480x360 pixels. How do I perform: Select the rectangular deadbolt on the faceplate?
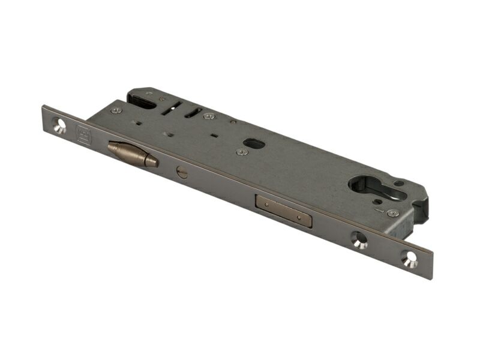point(284,211)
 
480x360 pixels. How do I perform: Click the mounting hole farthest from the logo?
point(410,260)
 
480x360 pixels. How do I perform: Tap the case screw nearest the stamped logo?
point(116,110)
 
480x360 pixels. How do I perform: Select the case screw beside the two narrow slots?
point(208,116)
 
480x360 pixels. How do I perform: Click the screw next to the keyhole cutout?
point(392,213)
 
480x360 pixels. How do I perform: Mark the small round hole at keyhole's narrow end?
point(399,183)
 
